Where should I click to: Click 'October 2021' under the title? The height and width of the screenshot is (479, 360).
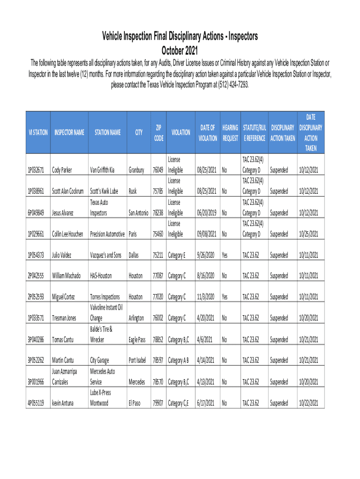pos(180,50)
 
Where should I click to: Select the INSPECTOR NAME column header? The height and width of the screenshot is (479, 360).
pos(68,132)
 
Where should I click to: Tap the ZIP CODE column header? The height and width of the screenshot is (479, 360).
pos(158,132)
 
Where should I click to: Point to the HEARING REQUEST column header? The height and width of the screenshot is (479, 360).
pos(230,132)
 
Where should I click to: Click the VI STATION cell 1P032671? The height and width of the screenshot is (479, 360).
pos(36,170)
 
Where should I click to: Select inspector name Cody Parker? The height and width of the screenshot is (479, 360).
pos(62,170)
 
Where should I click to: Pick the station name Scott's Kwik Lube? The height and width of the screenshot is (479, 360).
pos(104,191)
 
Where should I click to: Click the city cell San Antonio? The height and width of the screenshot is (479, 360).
pos(139,212)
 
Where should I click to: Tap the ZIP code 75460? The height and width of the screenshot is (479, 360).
pos(158,233)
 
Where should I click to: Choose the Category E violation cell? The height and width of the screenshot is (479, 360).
pos(177,255)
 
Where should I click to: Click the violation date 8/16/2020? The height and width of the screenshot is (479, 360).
pos(206,276)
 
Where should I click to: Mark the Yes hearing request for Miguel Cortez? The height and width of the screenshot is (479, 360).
pos(225,297)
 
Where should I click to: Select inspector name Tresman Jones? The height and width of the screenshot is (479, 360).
pos(64,318)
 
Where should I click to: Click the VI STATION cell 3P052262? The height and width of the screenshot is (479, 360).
pos(36,360)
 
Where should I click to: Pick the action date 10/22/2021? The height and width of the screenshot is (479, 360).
pos(309,403)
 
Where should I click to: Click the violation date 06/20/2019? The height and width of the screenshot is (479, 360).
pos(207,212)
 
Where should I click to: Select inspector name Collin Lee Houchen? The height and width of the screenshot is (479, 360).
pos(68,233)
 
